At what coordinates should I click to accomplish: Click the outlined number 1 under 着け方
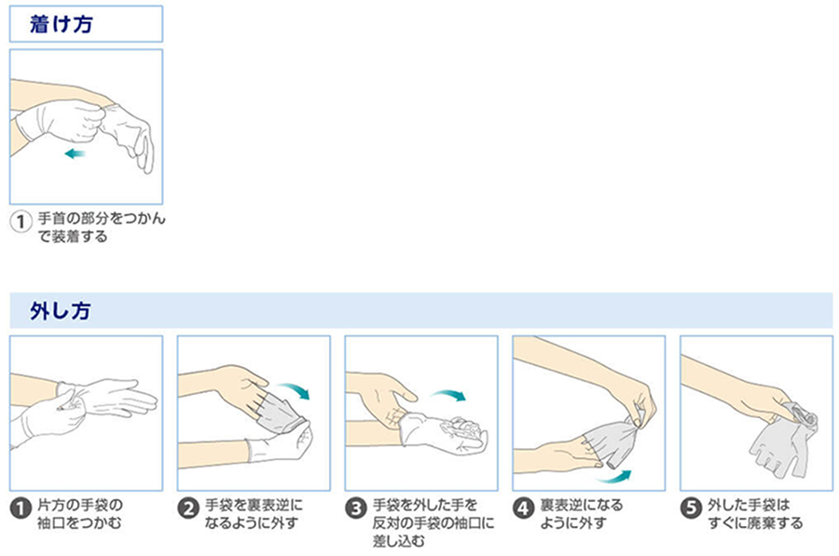(21, 224)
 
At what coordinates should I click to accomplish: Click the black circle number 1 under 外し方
(21, 509)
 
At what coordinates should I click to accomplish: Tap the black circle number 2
(188, 509)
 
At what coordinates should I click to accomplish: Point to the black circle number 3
(356, 509)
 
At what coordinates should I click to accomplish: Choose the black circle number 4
(524, 509)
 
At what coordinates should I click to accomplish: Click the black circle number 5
(692, 509)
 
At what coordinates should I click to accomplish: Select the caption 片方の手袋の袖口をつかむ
(80, 513)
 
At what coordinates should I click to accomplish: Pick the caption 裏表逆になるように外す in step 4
(581, 513)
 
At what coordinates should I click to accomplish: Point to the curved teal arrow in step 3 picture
(453, 396)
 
